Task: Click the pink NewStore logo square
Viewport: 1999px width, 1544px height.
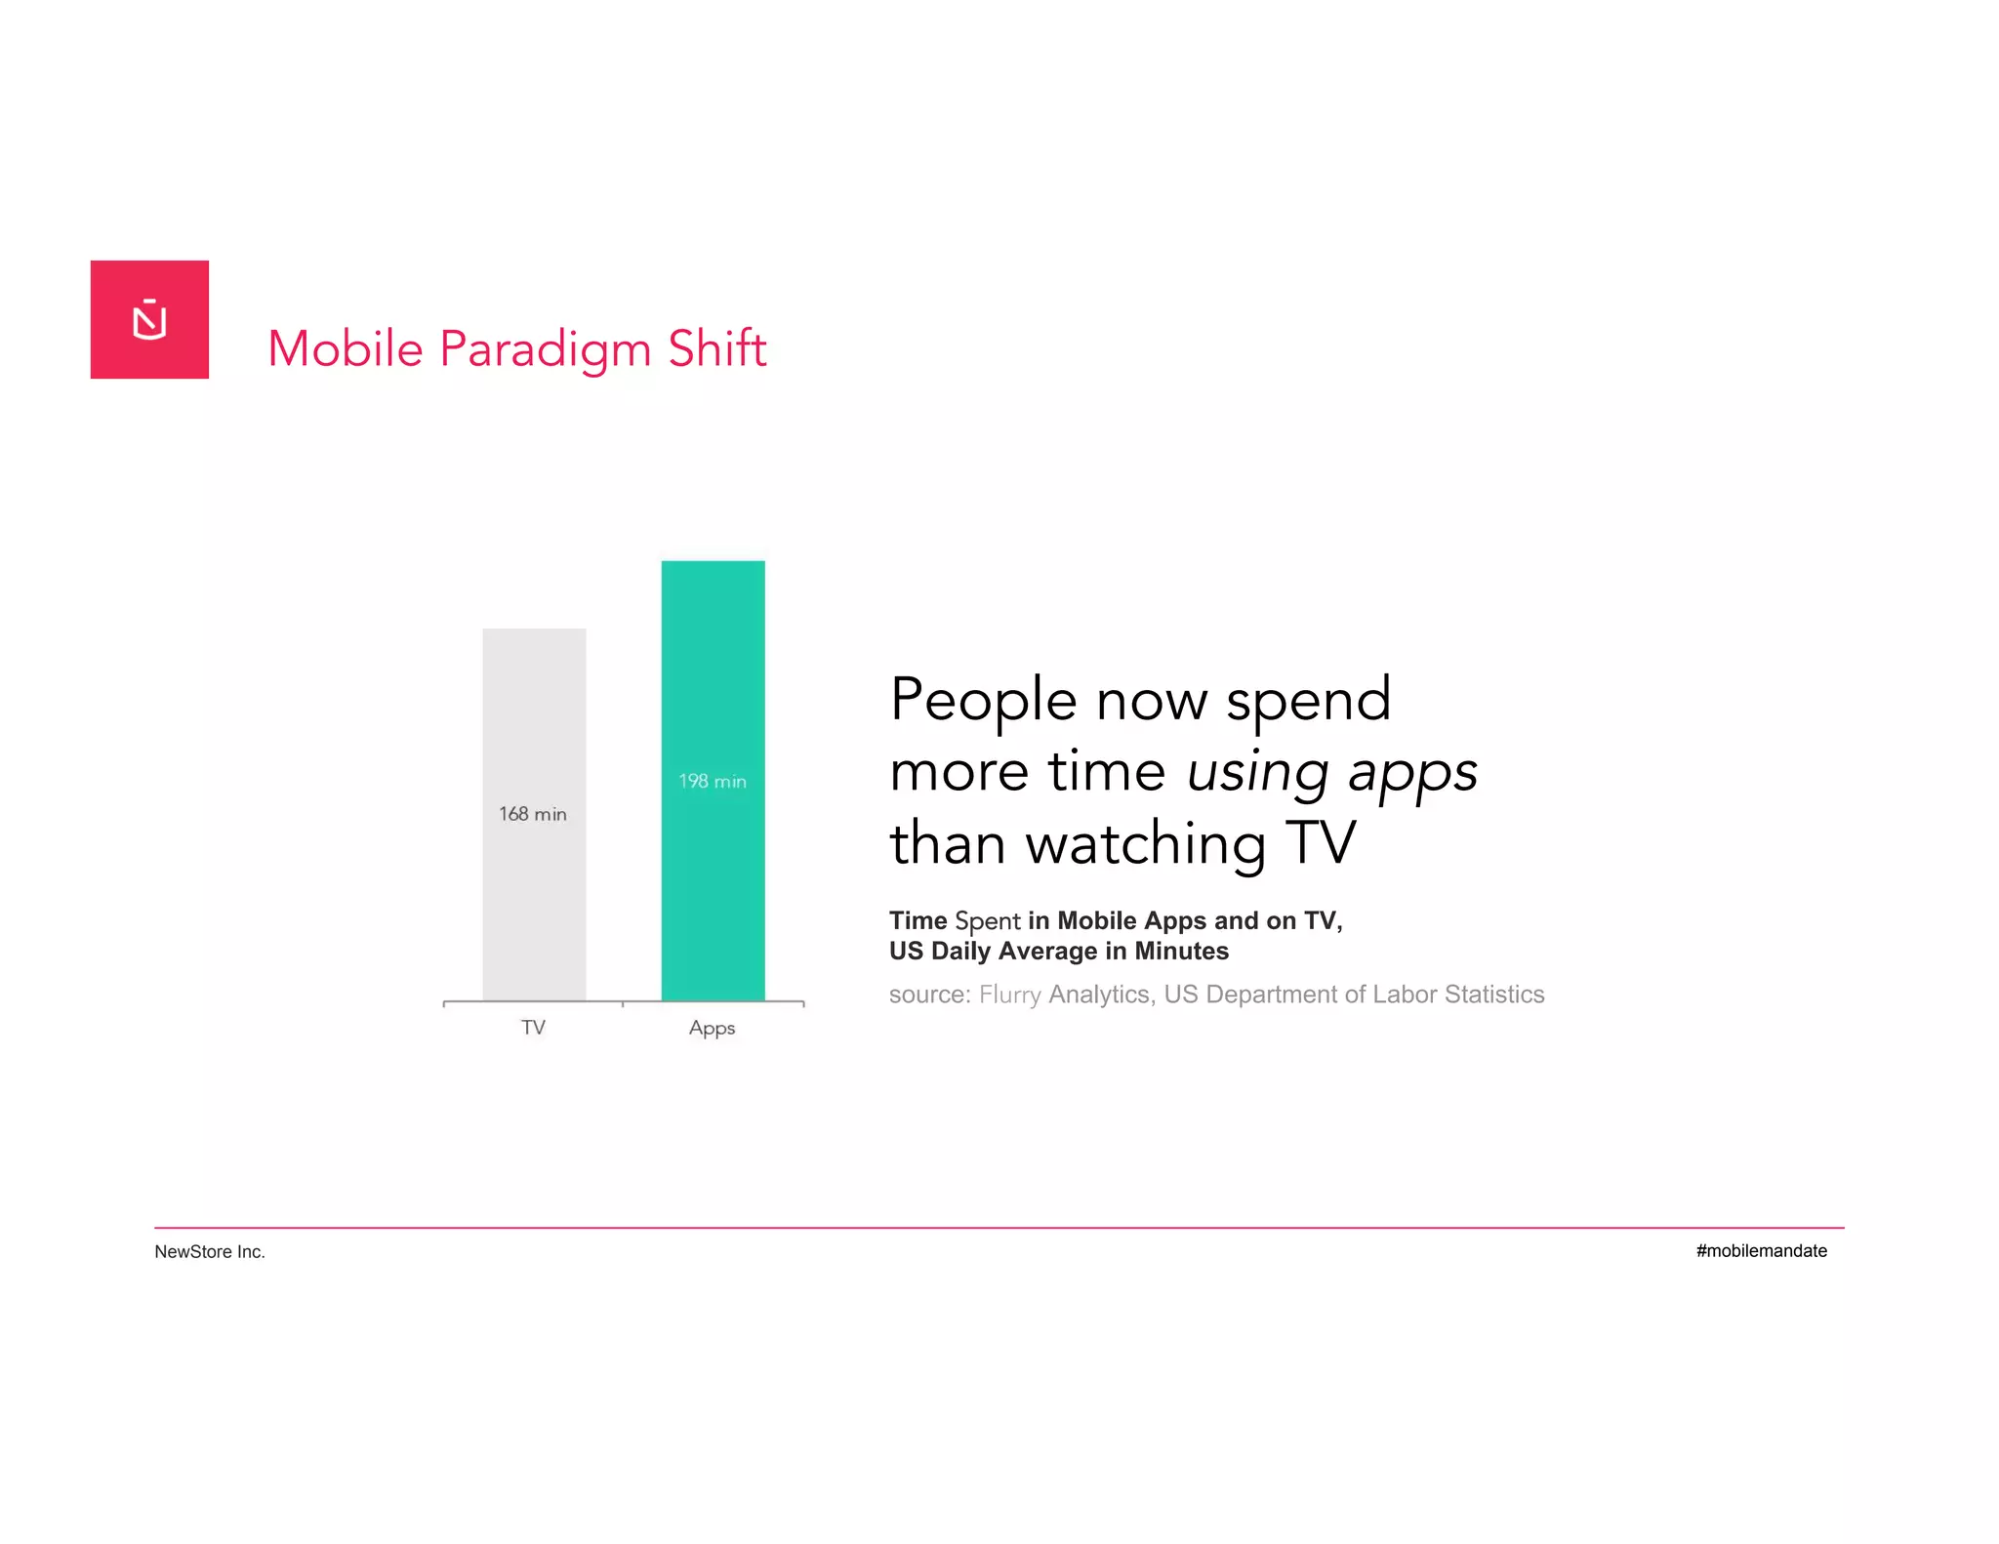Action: click(149, 319)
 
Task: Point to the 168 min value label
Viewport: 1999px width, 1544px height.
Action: click(533, 814)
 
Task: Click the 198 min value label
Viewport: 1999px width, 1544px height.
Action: click(713, 781)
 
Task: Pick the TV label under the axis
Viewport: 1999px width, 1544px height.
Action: click(533, 1027)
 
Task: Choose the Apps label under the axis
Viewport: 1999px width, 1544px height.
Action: click(712, 1028)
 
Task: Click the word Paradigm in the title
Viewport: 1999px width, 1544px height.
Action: click(546, 349)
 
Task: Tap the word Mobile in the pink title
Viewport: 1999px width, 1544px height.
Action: click(346, 348)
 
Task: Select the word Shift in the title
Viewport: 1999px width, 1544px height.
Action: click(717, 348)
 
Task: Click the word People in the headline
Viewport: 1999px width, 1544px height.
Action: click(984, 700)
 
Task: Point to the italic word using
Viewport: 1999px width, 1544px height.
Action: click(1257, 772)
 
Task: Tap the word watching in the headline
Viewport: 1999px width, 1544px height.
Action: click(1145, 843)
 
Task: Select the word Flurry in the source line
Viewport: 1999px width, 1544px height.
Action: click(1010, 995)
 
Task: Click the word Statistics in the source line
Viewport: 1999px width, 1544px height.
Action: click(1494, 994)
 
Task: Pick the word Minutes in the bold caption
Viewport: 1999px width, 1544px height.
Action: click(1181, 951)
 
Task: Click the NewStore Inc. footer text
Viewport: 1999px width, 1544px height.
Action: click(210, 1251)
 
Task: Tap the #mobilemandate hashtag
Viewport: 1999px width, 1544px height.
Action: click(1761, 1250)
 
